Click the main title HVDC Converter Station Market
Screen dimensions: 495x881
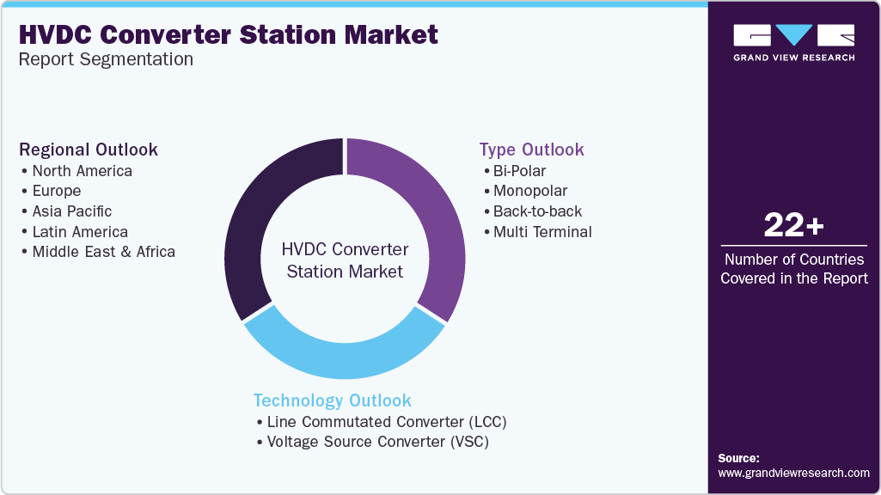point(229,34)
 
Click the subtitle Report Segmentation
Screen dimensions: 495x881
point(106,59)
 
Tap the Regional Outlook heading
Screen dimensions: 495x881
point(89,150)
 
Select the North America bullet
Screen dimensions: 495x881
point(82,170)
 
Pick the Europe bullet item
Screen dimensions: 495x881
point(57,191)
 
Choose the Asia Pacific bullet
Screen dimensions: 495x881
point(72,211)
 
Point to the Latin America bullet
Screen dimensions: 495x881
point(80,232)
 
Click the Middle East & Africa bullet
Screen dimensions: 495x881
point(103,253)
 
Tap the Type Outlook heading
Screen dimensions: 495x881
point(532,150)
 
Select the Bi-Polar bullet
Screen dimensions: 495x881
point(519,170)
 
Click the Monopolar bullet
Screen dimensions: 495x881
point(530,191)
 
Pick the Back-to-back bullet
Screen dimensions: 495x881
point(537,211)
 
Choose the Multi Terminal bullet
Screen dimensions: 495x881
point(542,232)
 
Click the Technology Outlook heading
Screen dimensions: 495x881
point(332,400)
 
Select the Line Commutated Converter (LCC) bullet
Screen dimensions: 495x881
point(387,422)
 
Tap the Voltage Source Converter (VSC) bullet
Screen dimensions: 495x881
point(382,443)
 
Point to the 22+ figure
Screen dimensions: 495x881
point(793,226)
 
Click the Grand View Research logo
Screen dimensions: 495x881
point(793,41)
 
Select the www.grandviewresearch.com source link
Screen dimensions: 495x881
point(793,473)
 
